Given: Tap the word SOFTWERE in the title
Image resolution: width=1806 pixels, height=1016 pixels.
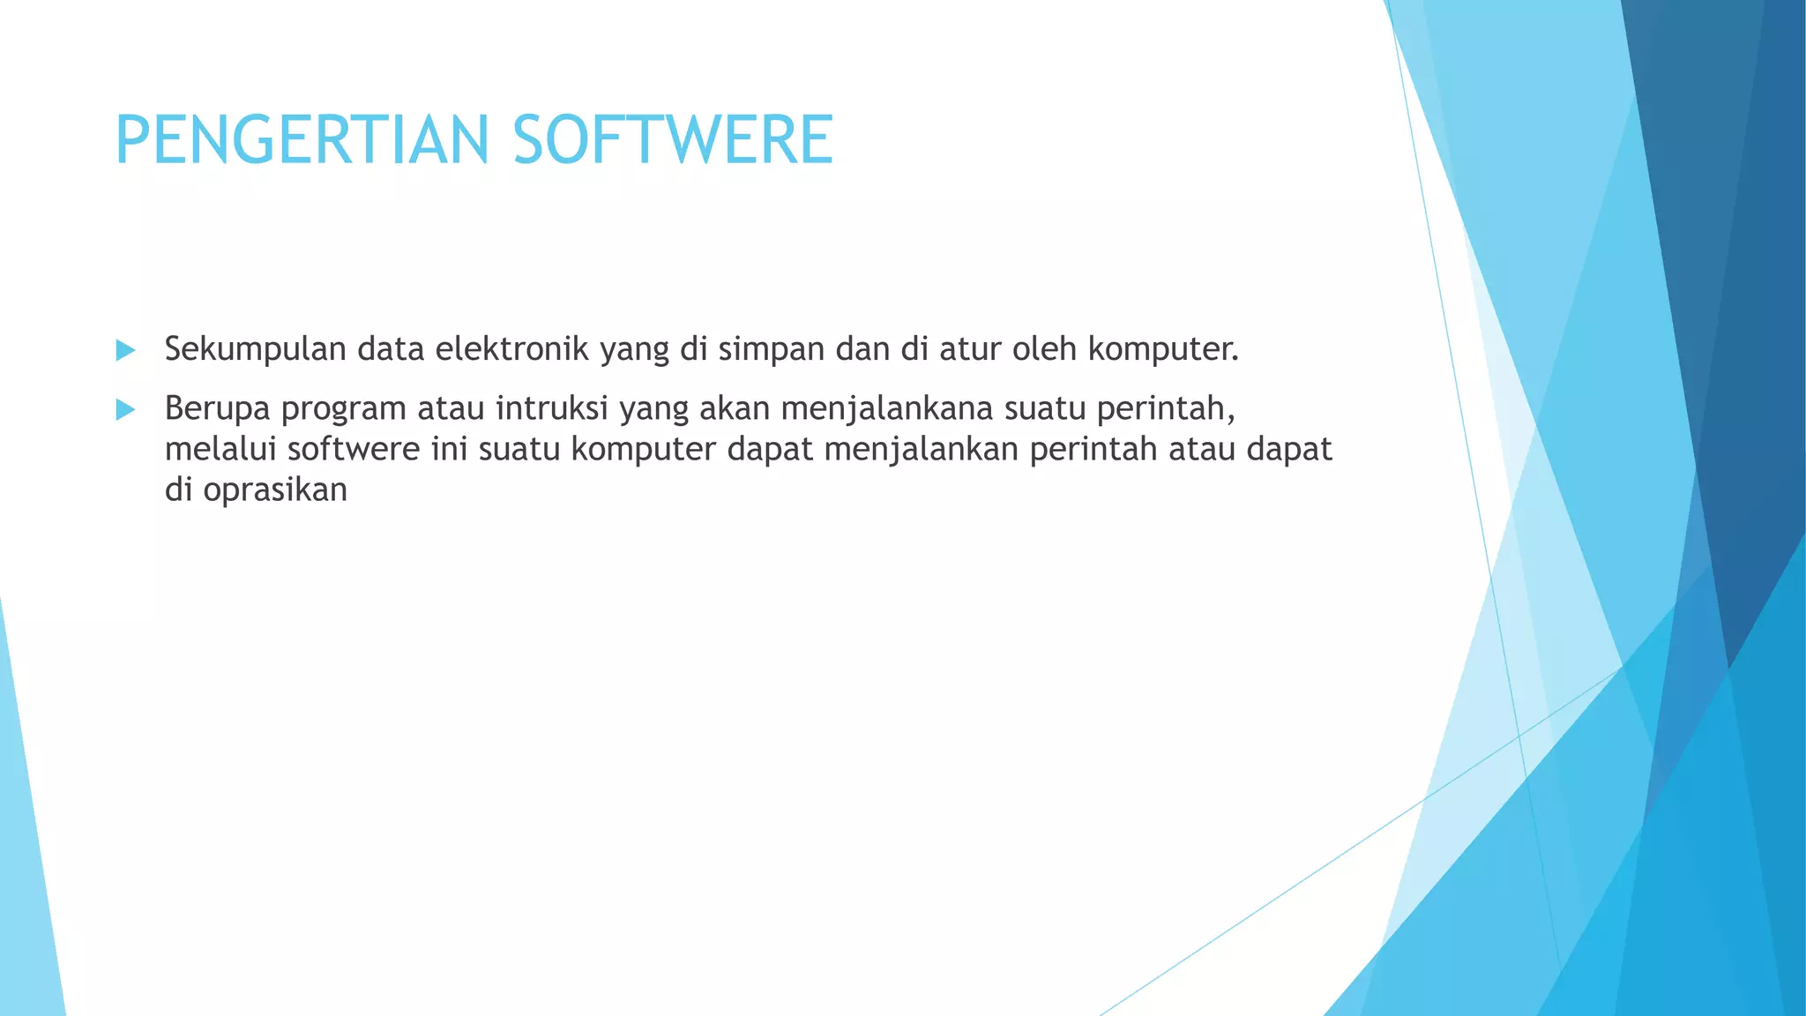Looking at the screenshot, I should tap(673, 140).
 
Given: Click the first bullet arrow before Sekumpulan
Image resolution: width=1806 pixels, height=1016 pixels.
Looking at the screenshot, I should tap(125, 351).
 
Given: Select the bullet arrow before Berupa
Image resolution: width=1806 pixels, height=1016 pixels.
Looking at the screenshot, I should tap(125, 410).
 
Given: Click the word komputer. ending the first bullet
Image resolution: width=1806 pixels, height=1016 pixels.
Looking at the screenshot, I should tap(1163, 350).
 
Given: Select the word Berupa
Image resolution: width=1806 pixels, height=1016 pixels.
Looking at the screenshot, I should tap(217, 409).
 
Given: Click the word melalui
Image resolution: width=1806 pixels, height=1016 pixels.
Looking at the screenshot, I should tap(220, 450).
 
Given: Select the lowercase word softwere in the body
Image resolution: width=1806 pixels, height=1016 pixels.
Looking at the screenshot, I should tap(354, 450).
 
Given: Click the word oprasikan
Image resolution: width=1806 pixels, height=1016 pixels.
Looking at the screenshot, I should tap(275, 490).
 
